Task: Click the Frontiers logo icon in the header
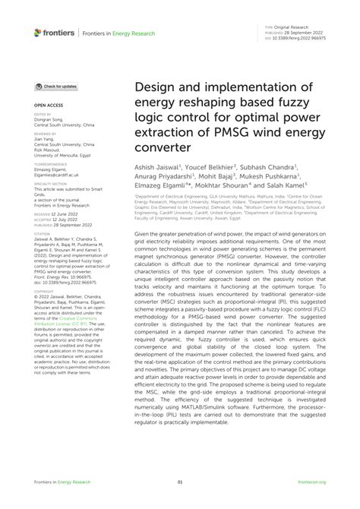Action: pos(38,32)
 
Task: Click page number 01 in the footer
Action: pos(180,482)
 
